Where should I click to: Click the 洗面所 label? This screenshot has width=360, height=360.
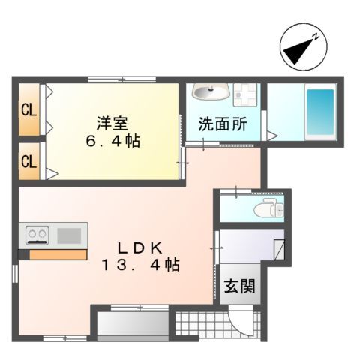pyautogui.click(x=222, y=124)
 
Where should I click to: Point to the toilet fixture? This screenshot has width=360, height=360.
pyautogui.click(x=265, y=210)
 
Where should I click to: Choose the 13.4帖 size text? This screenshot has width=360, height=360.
pyautogui.click(x=141, y=265)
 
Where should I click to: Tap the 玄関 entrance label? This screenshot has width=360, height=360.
pyautogui.click(x=239, y=286)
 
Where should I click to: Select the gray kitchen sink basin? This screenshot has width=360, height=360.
pyautogui.click(x=69, y=235)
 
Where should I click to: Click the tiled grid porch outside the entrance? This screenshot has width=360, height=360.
pyautogui.click(x=201, y=325)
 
